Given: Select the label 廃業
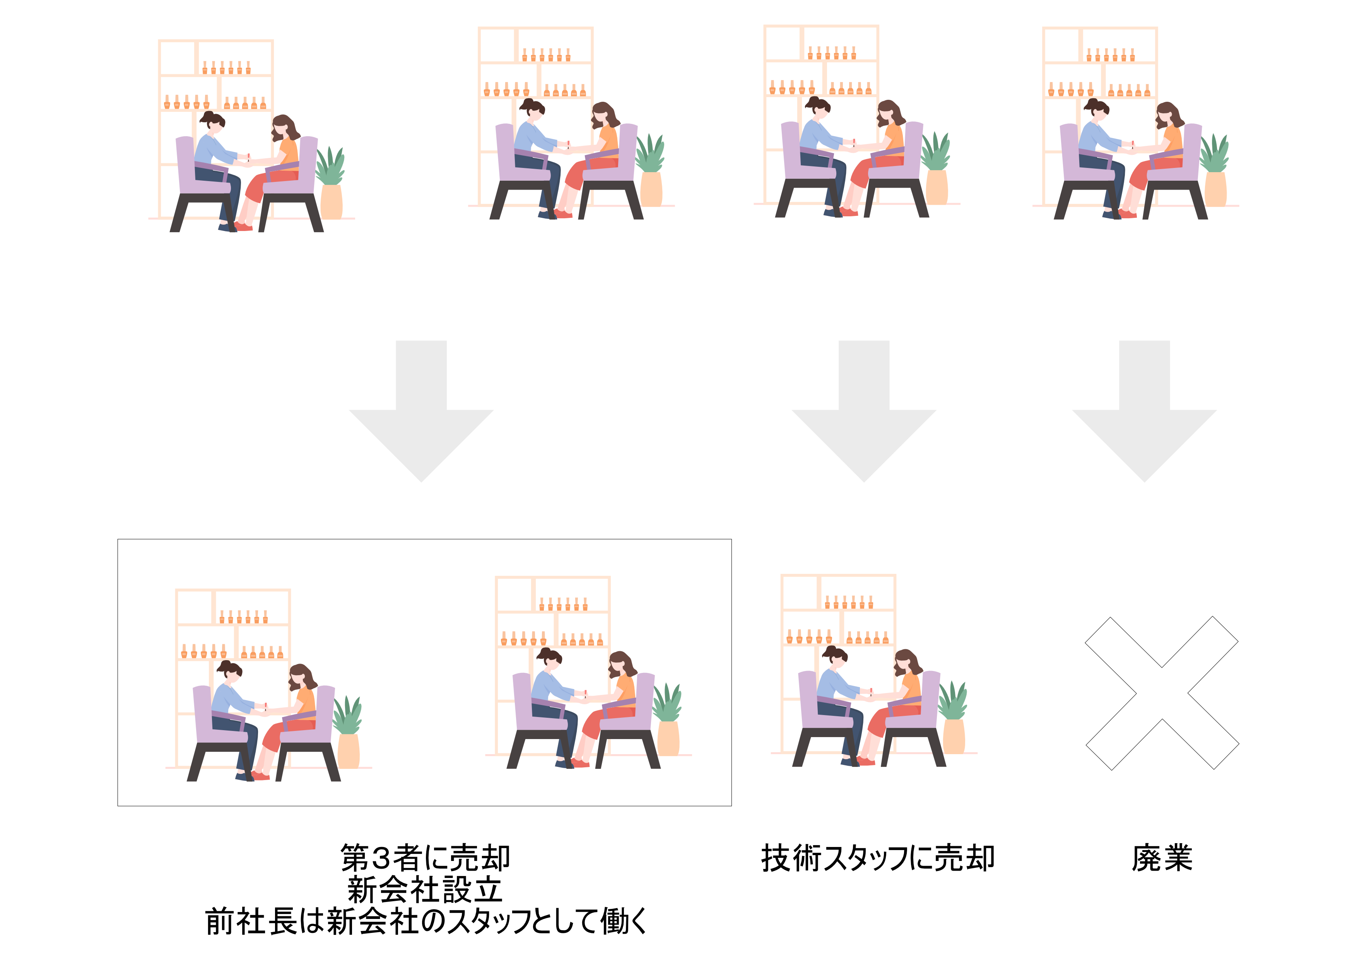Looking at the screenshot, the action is click(x=1162, y=858).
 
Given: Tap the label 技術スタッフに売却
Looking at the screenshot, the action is click(x=878, y=858).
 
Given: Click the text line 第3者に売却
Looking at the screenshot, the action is click(x=425, y=858).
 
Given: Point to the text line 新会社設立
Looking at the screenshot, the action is click(x=425, y=890).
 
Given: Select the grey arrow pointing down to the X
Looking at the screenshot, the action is click(x=1144, y=411).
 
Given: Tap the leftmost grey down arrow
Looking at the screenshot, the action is click(x=421, y=411).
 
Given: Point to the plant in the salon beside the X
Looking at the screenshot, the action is click(x=953, y=718).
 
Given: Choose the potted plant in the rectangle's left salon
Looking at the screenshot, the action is click(x=347, y=732).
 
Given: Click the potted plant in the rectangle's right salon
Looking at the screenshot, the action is click(x=667, y=719).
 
